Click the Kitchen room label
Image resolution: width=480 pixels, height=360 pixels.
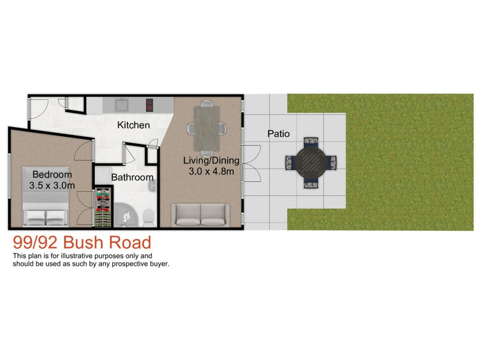(x=133, y=125)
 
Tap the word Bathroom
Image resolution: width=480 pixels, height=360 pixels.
(x=132, y=178)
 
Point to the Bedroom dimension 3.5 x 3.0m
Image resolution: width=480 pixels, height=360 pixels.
(x=52, y=185)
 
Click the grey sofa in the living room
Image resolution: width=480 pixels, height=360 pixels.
(x=200, y=215)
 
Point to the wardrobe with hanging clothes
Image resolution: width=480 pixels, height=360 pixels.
(x=104, y=208)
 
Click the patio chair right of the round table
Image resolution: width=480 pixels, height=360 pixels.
(x=331, y=162)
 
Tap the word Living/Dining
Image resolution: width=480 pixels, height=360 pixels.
(x=211, y=160)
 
